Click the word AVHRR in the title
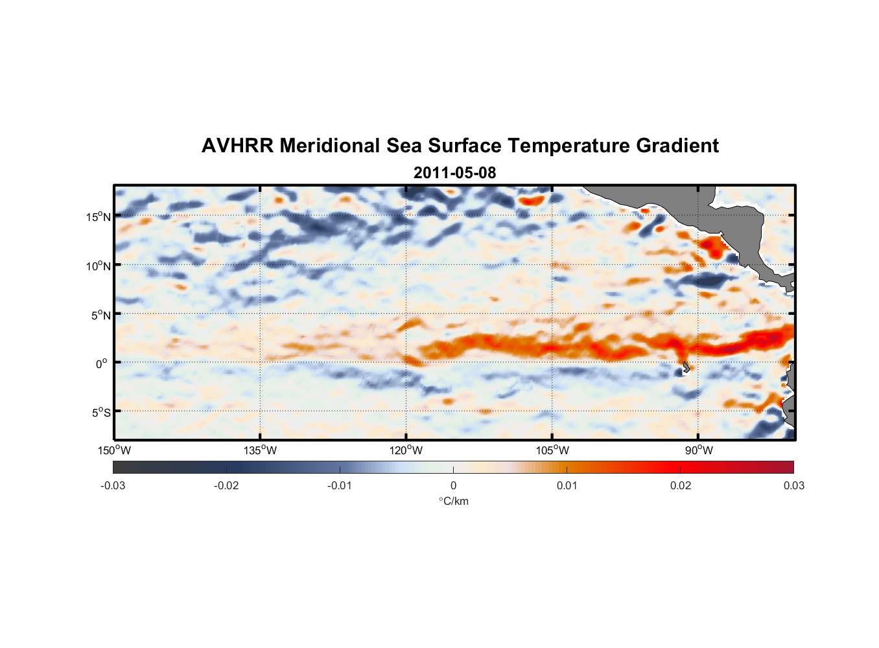[237, 146]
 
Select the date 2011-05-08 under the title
[454, 173]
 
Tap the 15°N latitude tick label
[99, 216]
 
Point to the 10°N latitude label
[99, 266]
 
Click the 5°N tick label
[101, 315]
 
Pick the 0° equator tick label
[102, 364]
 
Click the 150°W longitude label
[114, 450]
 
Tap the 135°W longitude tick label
[260, 450]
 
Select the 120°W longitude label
[406, 450]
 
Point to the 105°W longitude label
[552, 450]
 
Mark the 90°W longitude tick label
[698, 450]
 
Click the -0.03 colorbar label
[113, 485]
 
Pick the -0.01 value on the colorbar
[340, 485]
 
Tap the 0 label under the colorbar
[453, 485]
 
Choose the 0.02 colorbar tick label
[681, 485]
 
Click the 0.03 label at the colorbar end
[793, 485]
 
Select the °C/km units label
[453, 501]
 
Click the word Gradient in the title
[677, 146]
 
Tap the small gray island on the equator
[686, 367]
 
